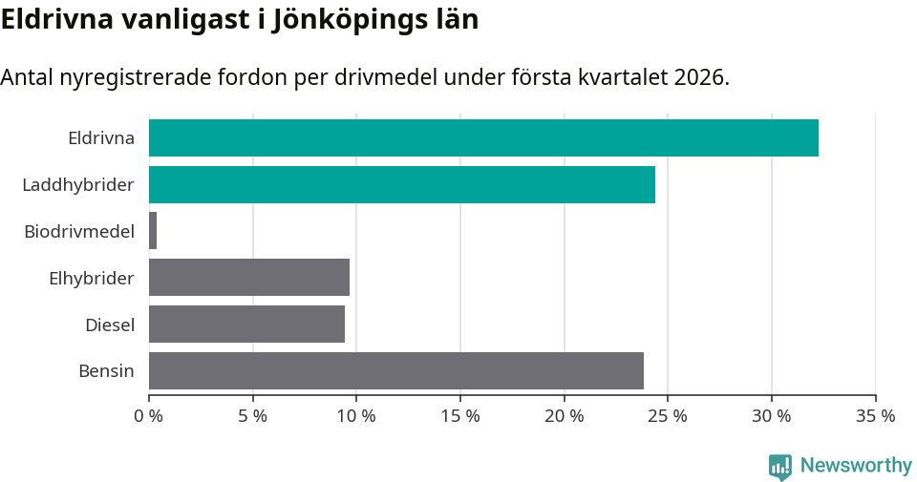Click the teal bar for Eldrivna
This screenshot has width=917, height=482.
point(483,137)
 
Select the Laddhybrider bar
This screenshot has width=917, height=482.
point(402,184)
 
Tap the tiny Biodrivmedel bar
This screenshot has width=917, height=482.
point(153,231)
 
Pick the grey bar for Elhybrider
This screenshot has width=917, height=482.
point(249,278)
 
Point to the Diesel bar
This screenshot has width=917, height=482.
point(246,325)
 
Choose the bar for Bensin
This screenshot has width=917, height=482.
point(396,370)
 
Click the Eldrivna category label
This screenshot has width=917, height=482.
point(101,137)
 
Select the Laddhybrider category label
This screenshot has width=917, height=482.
point(78,184)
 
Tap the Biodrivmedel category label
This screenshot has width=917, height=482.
point(79,231)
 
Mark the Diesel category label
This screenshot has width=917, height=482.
point(110,325)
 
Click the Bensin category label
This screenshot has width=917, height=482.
point(106,370)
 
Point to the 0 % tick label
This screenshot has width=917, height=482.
point(149,416)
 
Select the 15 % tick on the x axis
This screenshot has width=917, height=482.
point(460,416)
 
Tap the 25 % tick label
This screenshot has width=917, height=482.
point(668,416)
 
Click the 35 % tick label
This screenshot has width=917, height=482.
point(875,416)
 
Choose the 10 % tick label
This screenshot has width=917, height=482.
point(356,416)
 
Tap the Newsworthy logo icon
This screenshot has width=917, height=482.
point(780,466)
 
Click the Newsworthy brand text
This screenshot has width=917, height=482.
point(856,466)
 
